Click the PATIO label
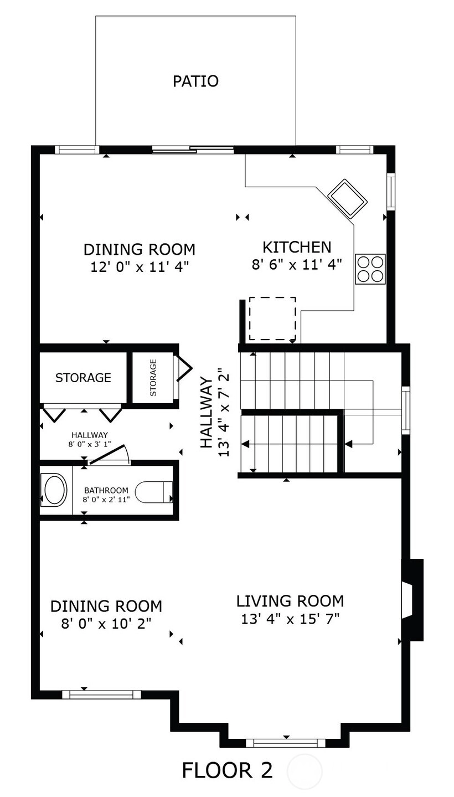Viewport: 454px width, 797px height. tap(195, 81)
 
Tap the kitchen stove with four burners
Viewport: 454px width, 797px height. tap(370, 269)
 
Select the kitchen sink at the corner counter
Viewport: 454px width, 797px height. tap(347, 198)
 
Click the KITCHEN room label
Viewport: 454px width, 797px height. tap(297, 247)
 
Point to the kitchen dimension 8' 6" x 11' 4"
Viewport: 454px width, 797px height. tap(297, 264)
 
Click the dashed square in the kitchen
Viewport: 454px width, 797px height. tap(272, 318)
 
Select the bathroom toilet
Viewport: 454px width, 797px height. tap(154, 492)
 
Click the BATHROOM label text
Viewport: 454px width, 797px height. tap(106, 490)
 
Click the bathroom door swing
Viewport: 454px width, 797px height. tap(110, 454)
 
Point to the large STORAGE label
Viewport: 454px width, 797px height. tap(83, 378)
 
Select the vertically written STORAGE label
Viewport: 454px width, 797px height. tap(153, 378)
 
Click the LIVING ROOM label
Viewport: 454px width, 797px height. tap(290, 601)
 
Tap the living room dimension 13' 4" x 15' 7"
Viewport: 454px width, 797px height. tap(290, 619)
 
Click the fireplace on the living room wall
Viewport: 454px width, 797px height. tap(412, 600)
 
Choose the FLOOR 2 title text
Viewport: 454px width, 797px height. tap(228, 770)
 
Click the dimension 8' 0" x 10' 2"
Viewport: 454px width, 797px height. tap(106, 624)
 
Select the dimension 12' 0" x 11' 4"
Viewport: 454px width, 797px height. tap(139, 266)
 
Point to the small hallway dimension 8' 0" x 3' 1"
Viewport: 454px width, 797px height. tap(90, 444)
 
